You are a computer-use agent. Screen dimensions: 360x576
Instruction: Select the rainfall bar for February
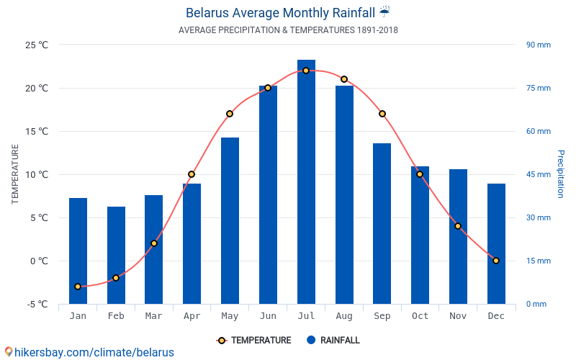point(116,255)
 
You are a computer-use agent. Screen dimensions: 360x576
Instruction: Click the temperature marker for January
point(78,287)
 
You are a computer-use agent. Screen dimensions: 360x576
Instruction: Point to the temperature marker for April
point(192,174)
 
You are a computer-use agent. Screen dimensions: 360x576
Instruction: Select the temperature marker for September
point(382,114)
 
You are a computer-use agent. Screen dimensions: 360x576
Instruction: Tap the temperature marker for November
point(458,226)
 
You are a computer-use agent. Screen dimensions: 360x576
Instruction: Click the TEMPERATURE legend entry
point(253,341)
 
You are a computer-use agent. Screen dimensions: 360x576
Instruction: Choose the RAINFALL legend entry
point(333,341)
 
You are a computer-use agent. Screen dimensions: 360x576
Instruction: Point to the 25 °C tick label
point(37,45)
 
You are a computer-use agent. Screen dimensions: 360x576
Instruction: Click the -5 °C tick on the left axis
point(37,304)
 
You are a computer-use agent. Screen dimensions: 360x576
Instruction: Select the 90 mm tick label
point(538,45)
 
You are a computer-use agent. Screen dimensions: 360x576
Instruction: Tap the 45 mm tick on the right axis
point(538,174)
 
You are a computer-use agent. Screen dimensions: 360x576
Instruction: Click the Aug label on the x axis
point(344,316)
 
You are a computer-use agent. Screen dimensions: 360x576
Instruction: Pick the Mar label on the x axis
point(153,316)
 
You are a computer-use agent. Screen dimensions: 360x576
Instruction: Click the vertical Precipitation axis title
point(560,174)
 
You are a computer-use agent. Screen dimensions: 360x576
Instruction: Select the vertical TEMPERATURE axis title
point(15,174)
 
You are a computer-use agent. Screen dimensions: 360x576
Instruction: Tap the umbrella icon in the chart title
point(384,12)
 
